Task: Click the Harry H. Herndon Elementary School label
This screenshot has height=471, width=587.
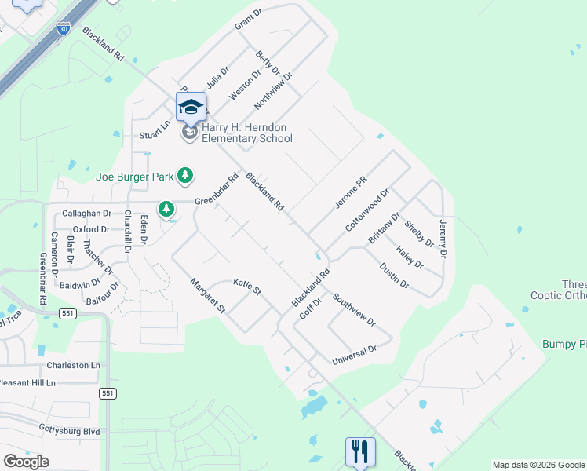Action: point(247,133)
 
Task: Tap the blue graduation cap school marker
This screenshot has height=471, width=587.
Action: point(191,108)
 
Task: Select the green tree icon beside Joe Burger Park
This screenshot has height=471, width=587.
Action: point(185,175)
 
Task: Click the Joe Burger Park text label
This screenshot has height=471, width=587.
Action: point(134,176)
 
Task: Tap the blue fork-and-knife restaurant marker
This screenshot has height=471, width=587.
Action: point(360,452)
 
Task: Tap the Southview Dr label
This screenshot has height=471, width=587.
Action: point(354,309)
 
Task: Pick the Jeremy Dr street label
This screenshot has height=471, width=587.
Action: point(443,239)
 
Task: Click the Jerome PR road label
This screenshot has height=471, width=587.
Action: point(351,192)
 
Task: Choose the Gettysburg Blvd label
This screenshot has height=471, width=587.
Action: point(70,431)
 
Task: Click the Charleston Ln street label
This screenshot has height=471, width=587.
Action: point(74,365)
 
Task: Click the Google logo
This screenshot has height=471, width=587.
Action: point(26,461)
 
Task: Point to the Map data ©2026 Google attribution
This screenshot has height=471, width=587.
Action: point(538,465)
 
